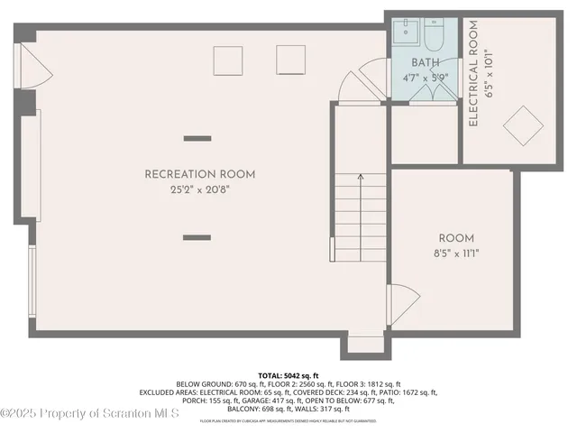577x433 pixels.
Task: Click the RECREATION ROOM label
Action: tap(200, 174)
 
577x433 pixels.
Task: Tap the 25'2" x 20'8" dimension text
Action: tap(200, 190)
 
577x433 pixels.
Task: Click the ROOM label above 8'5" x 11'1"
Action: tap(450, 238)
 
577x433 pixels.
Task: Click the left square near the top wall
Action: tap(229, 60)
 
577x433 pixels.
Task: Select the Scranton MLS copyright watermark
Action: tap(90, 413)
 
